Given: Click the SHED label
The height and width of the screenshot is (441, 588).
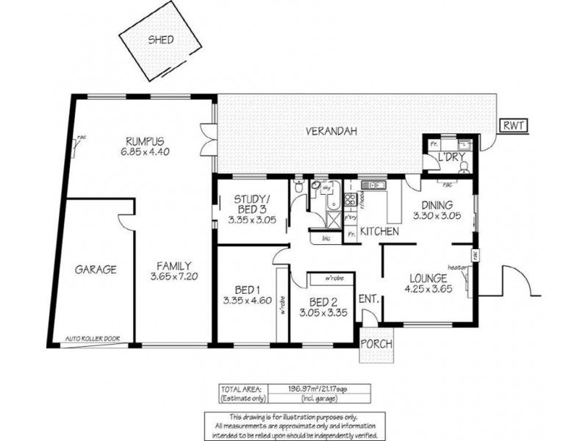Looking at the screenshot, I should point(160,40).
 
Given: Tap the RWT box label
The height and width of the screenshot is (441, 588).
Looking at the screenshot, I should point(512,126).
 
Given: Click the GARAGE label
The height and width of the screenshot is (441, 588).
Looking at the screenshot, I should point(95,270).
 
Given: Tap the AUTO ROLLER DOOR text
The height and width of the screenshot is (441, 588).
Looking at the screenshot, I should point(92,339).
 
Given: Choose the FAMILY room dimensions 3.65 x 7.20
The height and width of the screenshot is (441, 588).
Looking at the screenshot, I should point(174,277).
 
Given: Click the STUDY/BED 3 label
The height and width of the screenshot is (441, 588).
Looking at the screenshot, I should point(252,204).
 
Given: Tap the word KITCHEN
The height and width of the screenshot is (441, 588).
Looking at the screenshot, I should point(379,232).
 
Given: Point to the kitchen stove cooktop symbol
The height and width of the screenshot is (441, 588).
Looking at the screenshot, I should point(351,198).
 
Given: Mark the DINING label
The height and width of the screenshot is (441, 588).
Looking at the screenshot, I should point(437,206).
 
